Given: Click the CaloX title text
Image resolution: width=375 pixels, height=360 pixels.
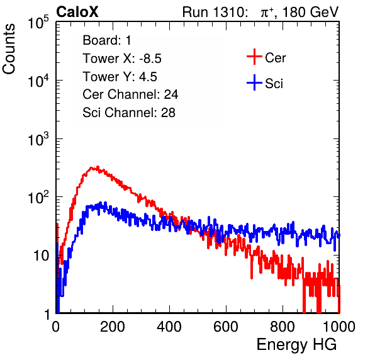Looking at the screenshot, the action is (x=77, y=12).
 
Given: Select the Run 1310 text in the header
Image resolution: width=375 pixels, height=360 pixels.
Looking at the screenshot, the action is (x=214, y=12).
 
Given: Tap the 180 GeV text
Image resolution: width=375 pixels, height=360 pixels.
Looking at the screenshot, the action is (x=310, y=12).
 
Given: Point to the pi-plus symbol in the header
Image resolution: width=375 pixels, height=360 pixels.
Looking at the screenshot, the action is (x=267, y=13).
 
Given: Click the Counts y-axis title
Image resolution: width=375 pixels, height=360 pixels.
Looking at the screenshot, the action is (x=9, y=49).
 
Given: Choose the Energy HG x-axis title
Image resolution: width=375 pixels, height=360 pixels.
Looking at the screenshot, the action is (x=296, y=345).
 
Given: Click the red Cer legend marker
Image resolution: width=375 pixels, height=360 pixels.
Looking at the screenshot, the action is (x=254, y=57).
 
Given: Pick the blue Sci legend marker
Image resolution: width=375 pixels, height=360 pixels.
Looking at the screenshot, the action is (x=254, y=83).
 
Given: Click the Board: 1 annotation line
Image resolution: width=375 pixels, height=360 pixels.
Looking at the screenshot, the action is (x=107, y=40).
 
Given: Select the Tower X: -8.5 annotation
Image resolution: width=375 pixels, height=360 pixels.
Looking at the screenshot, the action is (x=122, y=59).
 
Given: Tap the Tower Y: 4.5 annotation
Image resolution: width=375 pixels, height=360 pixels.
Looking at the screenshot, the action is (x=120, y=77).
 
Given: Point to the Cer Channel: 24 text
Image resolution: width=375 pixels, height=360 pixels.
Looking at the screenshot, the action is (x=130, y=94).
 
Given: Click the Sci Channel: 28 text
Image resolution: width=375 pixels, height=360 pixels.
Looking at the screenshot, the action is (x=129, y=113).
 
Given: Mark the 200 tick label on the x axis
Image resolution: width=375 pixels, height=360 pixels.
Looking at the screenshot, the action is (x=113, y=327).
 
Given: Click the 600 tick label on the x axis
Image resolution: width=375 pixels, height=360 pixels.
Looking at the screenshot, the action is (x=226, y=327).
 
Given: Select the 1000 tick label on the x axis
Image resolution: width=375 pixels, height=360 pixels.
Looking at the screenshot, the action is (x=339, y=327).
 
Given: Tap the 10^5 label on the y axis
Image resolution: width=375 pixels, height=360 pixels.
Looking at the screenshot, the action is (x=38, y=22).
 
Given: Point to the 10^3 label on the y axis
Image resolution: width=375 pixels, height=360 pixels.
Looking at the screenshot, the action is (x=38, y=139).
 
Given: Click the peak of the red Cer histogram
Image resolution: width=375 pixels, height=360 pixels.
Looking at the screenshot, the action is (x=98, y=167).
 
